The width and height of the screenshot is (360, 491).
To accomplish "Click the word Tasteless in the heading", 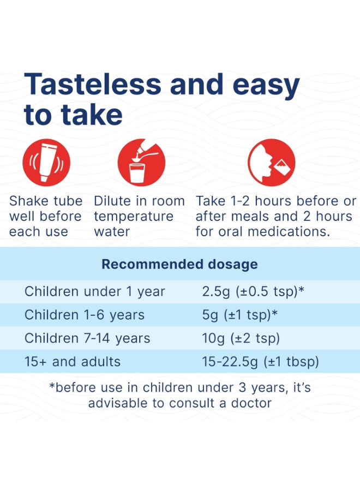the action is click(93, 84).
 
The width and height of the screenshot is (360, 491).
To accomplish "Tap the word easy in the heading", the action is click(266, 86).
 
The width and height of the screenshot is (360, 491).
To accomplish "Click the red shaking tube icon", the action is click(46, 163).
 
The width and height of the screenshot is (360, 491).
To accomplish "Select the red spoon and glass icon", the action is click(141, 163).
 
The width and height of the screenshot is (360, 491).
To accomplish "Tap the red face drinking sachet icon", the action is click(272, 163).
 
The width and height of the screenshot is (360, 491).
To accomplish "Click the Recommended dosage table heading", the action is click(179, 264).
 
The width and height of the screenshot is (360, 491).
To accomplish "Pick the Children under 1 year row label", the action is click(94, 291).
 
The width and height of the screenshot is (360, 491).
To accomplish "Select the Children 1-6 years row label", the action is click(85, 315).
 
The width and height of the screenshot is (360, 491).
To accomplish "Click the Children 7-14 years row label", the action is click(87, 338).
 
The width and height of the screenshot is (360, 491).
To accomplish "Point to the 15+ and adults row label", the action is click(73, 362).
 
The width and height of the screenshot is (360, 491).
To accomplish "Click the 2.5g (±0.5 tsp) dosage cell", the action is click(253, 291).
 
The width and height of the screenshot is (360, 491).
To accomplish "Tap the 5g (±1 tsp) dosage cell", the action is click(240, 315).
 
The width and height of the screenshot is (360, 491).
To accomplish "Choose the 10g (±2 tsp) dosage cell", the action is click(241, 338).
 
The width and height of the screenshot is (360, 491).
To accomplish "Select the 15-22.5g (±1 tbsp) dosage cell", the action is click(260, 362).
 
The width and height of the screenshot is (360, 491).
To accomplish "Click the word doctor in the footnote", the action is click(251, 403).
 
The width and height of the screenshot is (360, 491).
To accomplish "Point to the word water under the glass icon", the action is click(112, 232).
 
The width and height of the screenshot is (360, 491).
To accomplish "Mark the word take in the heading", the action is click(92, 115).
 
